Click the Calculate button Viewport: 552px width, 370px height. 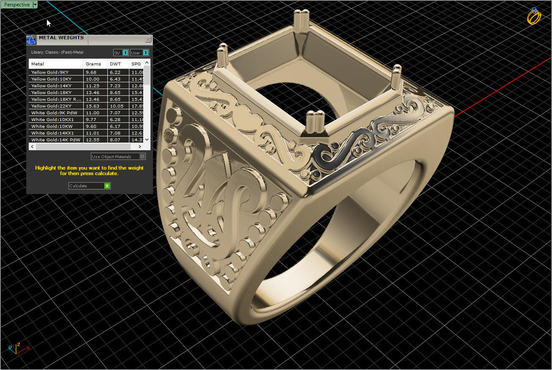[89, 186]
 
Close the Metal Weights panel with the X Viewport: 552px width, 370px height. [148, 39]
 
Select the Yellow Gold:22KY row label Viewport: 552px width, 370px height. [51, 106]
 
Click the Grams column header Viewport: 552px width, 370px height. [93, 64]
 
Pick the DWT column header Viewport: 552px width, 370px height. [115, 64]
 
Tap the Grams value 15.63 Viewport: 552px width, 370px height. [93, 106]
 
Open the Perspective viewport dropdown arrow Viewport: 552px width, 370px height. [35, 5]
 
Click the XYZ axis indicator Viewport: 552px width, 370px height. [17, 348]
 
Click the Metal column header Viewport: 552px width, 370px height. [38, 64]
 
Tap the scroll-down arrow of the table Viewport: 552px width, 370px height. [147, 140]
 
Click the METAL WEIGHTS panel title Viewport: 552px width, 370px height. [61, 38]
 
